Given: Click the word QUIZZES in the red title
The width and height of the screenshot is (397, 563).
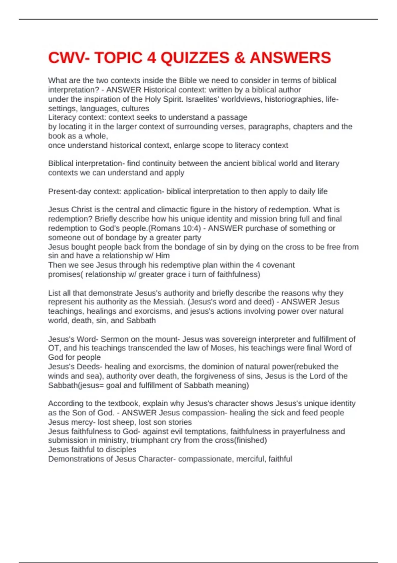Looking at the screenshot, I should (x=195, y=58).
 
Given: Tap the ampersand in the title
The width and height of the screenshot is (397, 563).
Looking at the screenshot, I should (x=239, y=58).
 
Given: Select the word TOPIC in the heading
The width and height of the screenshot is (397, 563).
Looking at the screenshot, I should (x=118, y=58).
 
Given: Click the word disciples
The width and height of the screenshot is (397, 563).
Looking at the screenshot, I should (x=120, y=450).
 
